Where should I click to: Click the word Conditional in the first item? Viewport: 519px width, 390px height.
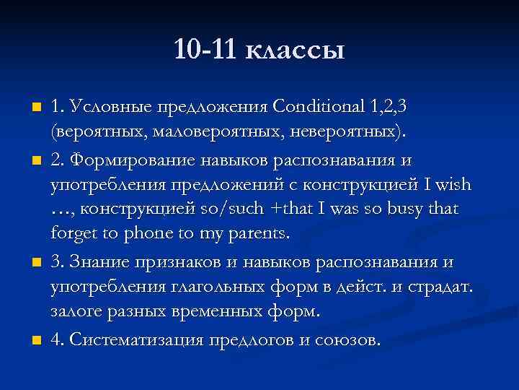(x=320, y=108)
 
